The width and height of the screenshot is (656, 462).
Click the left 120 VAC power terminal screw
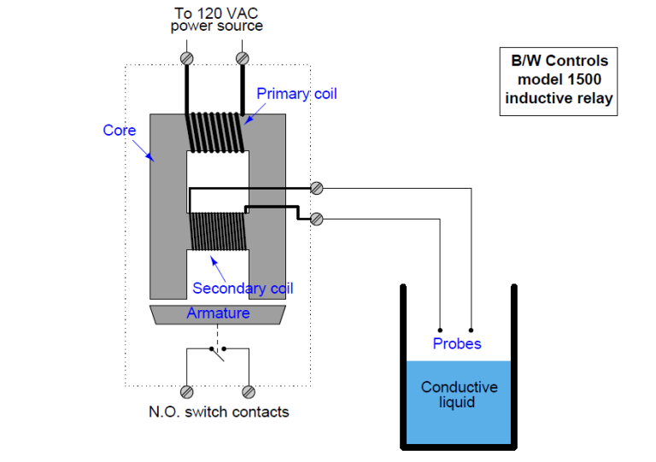point(187,58)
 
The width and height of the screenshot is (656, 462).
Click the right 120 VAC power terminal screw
point(242,58)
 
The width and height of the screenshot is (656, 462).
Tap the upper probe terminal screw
point(317,188)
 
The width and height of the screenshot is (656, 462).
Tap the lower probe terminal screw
point(317,219)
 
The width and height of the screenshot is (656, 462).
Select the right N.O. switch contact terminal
point(249,392)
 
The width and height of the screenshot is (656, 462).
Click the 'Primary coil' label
point(296,93)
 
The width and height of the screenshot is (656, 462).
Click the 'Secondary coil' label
point(243,289)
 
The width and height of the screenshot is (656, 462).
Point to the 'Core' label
point(120,131)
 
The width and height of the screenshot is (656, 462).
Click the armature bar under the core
point(218,314)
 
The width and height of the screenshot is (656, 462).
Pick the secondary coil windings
point(217,231)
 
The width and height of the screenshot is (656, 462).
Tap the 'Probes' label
point(456,343)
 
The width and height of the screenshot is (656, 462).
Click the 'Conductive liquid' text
point(459,395)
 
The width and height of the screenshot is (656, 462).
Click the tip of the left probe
point(440,329)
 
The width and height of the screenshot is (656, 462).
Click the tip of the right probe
point(471,329)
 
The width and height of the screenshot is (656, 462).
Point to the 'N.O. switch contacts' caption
point(219,412)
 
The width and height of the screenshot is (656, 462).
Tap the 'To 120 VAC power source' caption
point(216,19)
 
